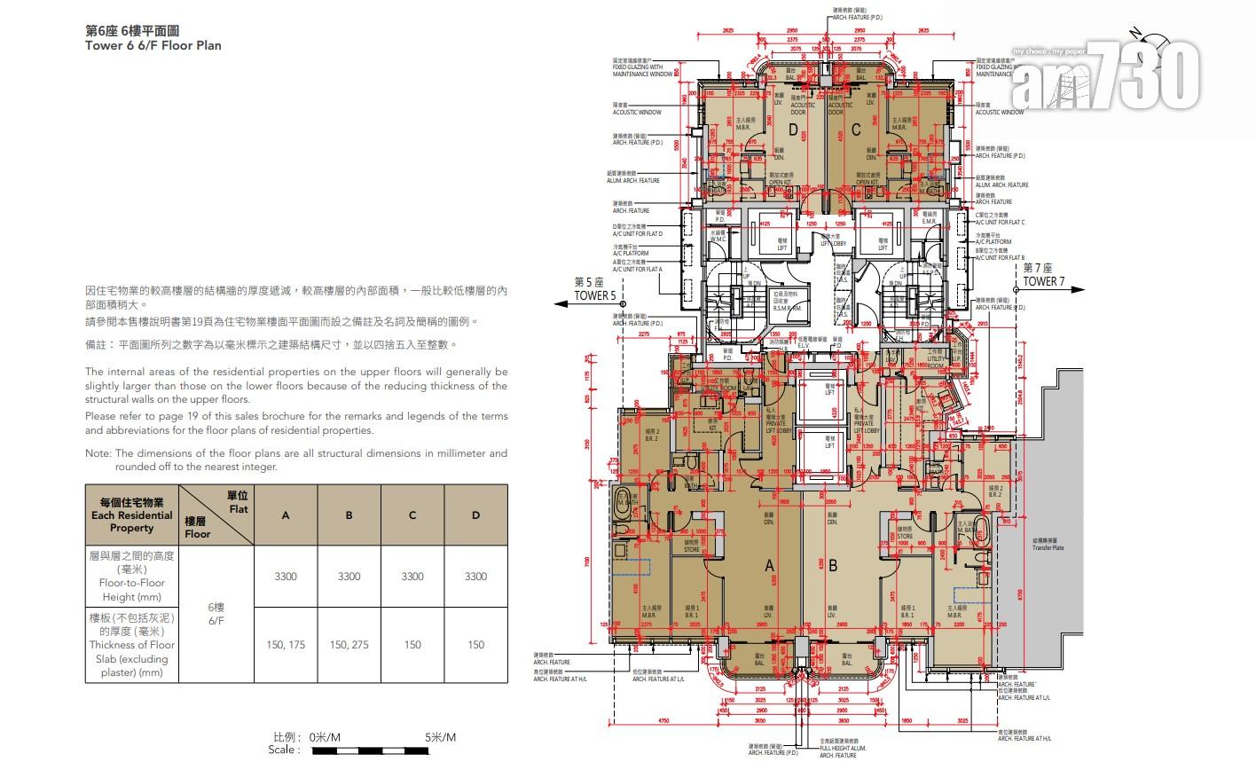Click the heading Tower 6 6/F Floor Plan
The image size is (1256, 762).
point(153,45)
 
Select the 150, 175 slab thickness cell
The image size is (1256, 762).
point(286,645)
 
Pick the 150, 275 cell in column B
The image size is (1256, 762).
point(349,645)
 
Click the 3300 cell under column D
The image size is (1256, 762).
point(475,577)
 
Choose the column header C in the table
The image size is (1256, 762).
point(412,515)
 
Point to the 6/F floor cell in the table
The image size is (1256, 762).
point(216,614)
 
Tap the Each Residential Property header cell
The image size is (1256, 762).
point(131,515)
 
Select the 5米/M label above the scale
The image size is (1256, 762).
point(440,737)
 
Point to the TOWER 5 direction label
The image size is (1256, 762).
point(595,295)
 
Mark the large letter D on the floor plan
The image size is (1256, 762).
point(792,130)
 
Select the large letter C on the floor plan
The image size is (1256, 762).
point(855,130)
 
